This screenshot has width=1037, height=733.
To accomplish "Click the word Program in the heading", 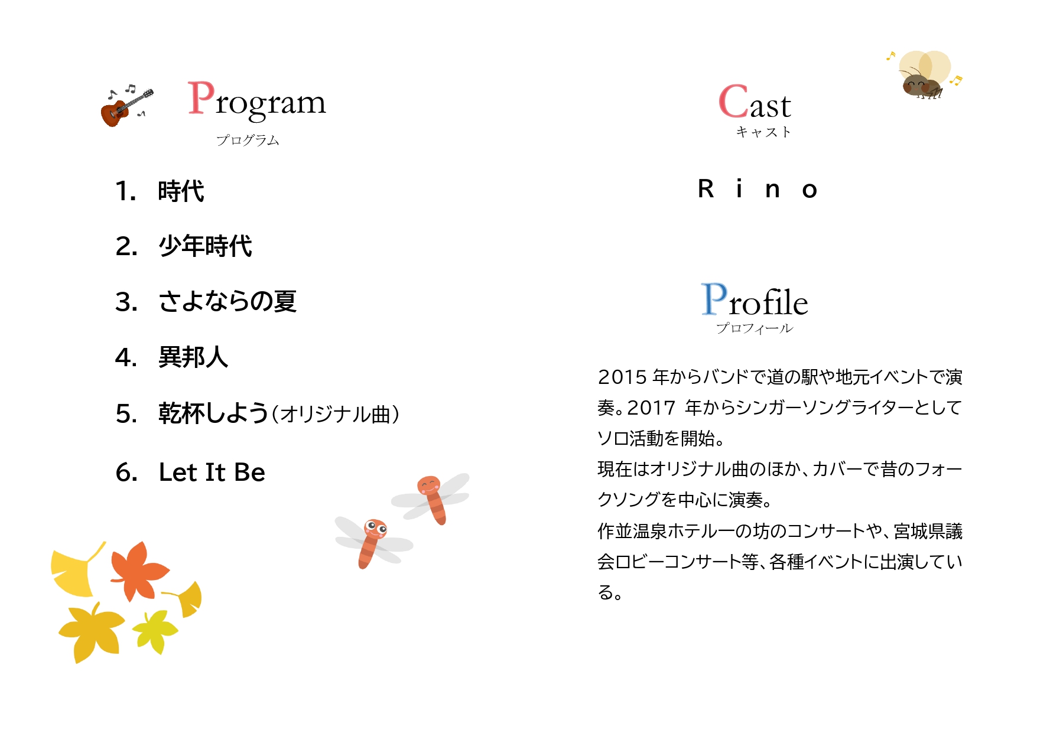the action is coord(256,100).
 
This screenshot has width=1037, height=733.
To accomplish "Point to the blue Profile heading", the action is coord(755,299).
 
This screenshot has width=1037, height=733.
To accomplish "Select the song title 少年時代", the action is coord(205,246).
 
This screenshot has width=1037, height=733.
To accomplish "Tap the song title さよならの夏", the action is coord(227,301).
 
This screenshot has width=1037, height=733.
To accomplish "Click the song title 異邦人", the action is coord(193,357).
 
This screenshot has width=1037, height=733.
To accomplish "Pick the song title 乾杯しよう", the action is coord(213,413).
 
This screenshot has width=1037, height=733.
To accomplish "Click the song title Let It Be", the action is coord(212,472).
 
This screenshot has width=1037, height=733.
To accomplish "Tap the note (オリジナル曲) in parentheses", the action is coord(335,414).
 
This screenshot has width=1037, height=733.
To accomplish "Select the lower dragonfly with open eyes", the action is coord(372,540).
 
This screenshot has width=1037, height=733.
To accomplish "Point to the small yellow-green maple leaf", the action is coord(155,631).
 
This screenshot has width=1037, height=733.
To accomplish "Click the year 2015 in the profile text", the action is coord(622,377).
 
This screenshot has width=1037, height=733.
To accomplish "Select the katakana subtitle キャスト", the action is coord(763,132).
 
